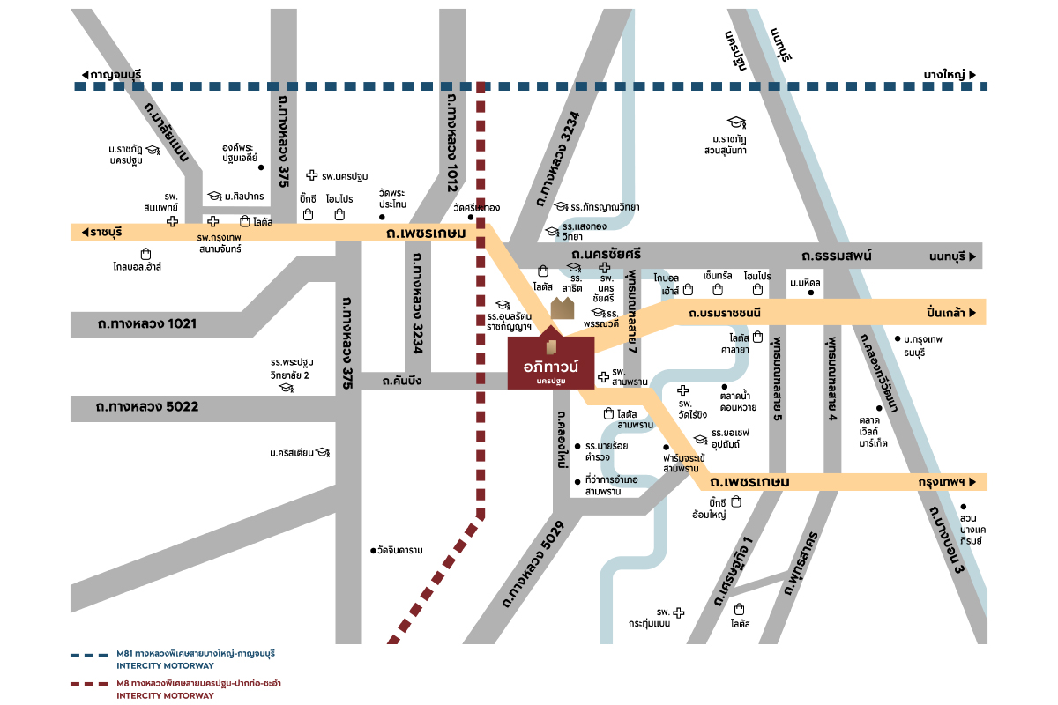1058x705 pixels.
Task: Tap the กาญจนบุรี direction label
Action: pos(110,74)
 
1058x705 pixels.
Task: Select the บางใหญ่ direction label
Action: pos(948,74)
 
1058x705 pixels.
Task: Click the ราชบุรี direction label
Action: pos(100,232)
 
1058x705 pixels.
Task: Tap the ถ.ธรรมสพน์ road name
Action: pos(837,256)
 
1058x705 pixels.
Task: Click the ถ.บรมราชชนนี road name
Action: pos(725,312)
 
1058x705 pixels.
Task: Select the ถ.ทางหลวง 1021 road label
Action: pos(147,323)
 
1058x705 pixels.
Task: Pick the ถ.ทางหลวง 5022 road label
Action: pos(147,406)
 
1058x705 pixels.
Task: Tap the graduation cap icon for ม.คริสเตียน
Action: pos(323,453)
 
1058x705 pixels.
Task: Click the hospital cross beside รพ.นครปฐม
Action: pos(311,176)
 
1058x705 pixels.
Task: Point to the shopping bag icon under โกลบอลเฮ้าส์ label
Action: pos(145,254)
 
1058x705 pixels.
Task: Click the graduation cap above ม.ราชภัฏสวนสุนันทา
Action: pos(735,122)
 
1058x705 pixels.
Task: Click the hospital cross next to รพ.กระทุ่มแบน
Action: pos(678,612)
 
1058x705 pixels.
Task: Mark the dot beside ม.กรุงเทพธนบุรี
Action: pos(898,338)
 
